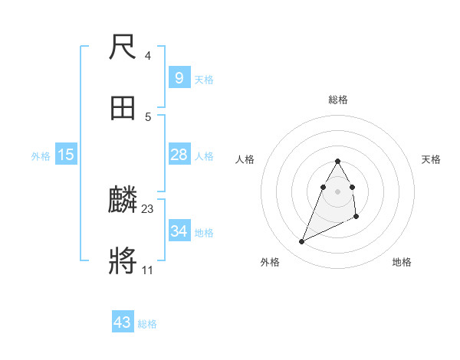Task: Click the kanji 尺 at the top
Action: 123,49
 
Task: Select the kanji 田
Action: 123,110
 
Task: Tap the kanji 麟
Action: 123,201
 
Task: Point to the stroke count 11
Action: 147,270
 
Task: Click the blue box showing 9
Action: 179,77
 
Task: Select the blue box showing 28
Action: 179,155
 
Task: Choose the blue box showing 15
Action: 66,155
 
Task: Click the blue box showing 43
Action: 123,322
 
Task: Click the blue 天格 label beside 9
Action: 204,80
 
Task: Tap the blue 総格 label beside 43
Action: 147,324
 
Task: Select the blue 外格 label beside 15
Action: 41,156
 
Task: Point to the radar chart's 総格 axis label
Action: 338,100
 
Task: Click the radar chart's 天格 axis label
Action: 432,159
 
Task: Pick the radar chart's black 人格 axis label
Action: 245,159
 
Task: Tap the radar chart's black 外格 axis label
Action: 270,262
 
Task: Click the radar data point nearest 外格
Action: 301,241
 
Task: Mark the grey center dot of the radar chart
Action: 338,191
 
